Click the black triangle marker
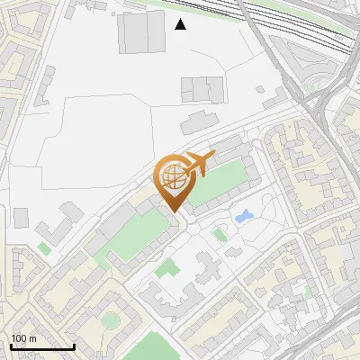click(181, 24)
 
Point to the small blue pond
click(243, 216)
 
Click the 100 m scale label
click(23, 337)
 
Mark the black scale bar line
click(41, 346)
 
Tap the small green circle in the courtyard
click(111, 319)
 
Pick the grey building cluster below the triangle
click(202, 89)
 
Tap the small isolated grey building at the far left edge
click(21, 217)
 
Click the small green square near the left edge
click(44, 247)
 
